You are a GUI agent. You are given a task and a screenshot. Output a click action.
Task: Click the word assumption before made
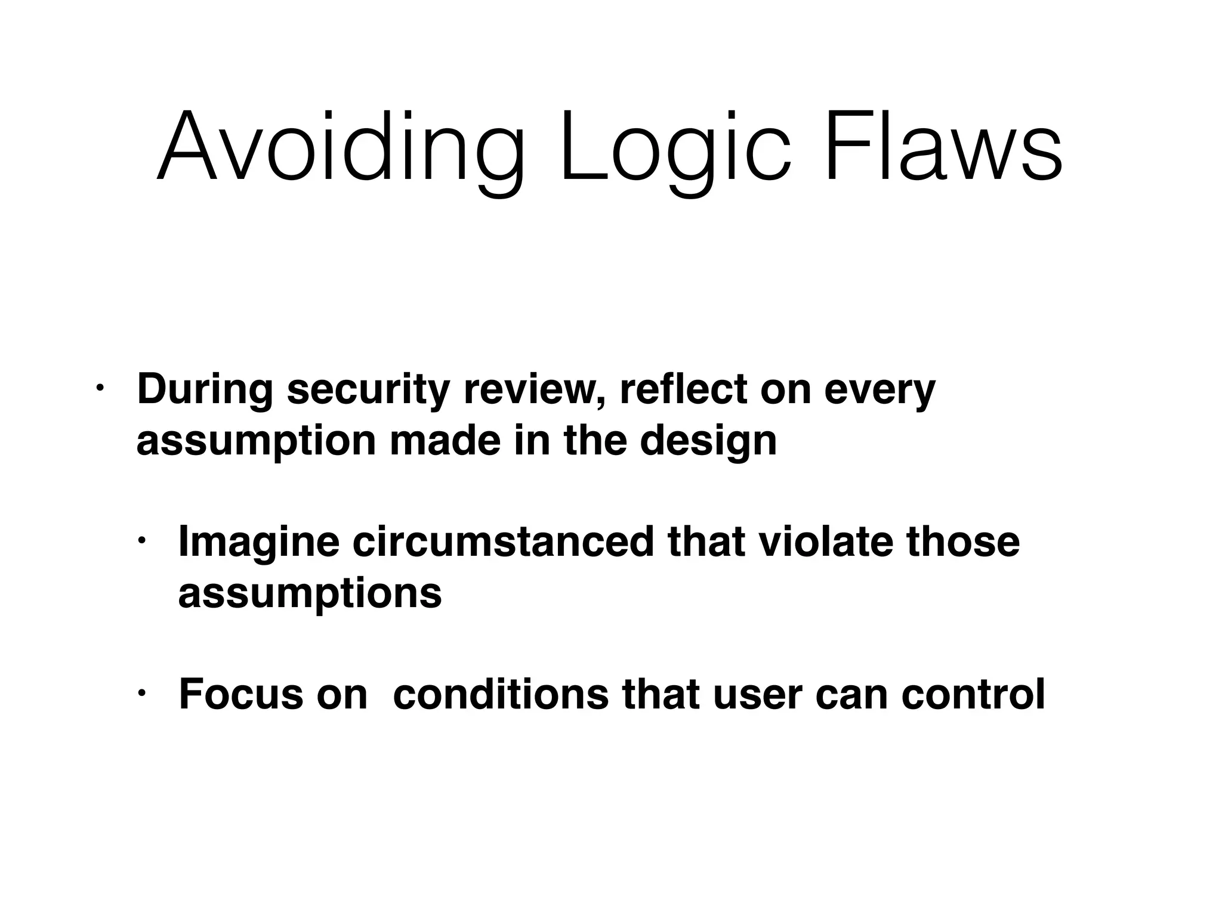[x=256, y=442]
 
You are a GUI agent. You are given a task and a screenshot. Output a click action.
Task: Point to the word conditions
[x=501, y=694]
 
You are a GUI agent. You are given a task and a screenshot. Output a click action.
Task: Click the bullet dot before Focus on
[x=141, y=694]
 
